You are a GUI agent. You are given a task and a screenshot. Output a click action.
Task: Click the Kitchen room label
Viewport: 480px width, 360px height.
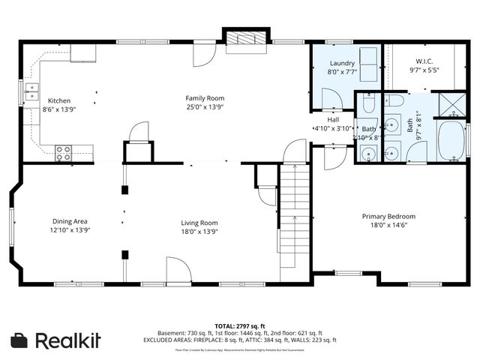(61, 100)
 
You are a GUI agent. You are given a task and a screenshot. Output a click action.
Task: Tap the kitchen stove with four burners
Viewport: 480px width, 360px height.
(63, 153)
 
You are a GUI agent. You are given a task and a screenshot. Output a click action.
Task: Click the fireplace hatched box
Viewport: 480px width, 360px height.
(245, 40)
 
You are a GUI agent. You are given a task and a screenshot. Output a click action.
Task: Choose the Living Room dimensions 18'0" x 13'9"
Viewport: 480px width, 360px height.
(199, 231)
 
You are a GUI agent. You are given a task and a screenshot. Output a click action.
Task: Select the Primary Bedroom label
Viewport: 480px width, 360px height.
(388, 216)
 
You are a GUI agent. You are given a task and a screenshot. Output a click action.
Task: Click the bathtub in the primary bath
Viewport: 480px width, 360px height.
(452, 140)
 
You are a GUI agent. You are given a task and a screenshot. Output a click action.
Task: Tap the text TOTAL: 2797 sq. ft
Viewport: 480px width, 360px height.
(239, 326)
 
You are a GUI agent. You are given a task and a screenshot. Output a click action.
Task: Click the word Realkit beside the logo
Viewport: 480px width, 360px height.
(68, 340)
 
